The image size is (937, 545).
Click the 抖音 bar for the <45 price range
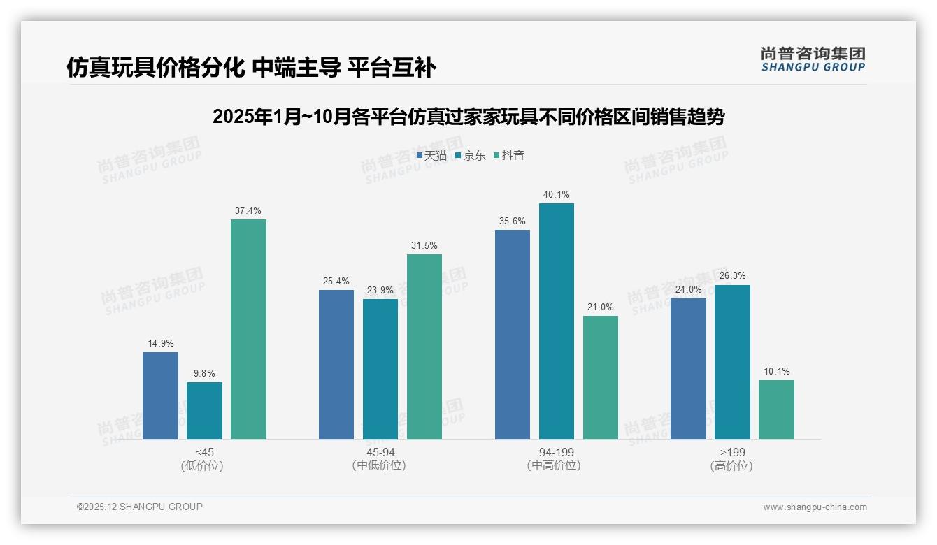[248, 329]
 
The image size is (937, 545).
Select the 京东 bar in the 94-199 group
[557, 321]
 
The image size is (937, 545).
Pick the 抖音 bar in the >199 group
[776, 409]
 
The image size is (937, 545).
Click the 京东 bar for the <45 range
[204, 411]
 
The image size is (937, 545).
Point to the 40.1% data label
[557, 194]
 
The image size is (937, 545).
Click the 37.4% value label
[248, 210]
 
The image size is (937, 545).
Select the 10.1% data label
[776, 371]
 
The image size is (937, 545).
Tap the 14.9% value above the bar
[160, 343]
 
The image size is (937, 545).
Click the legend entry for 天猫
[431, 155]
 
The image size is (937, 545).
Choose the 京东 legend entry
[470, 155]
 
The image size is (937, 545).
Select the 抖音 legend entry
[509, 155]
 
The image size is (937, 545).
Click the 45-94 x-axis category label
[380, 452]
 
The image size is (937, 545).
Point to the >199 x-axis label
[731, 452]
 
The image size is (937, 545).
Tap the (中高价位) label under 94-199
[557, 465]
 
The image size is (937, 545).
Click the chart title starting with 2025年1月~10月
[468, 117]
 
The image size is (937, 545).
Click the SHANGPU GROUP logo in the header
[813, 59]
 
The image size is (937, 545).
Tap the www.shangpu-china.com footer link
[815, 507]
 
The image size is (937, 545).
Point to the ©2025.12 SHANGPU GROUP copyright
[140, 507]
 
